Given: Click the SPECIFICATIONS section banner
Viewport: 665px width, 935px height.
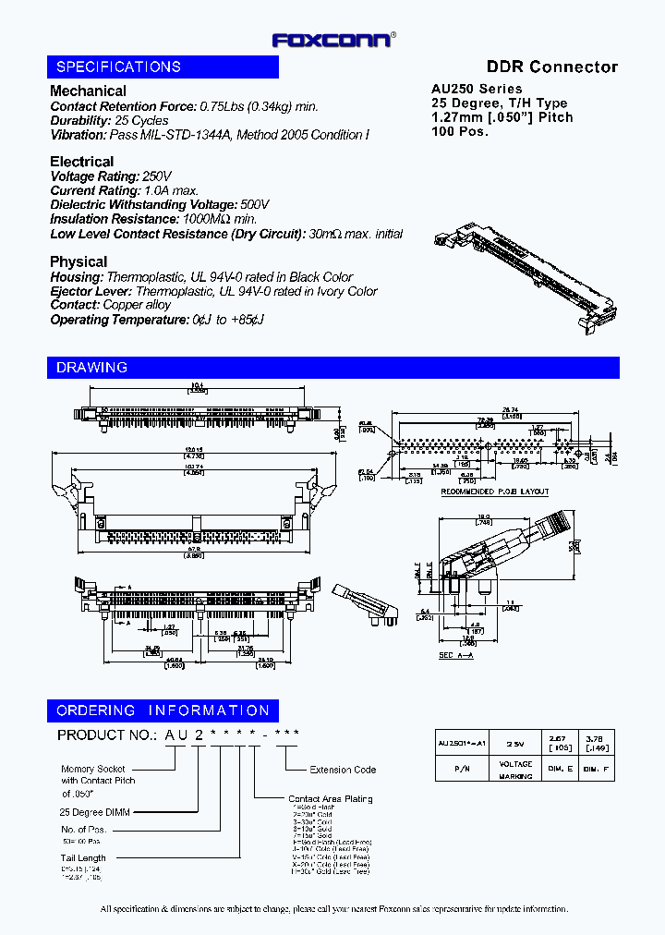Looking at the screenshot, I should coord(163,67).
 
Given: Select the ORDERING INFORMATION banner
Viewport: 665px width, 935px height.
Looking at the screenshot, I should coord(163,710).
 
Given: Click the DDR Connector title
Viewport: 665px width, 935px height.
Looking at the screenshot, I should coord(551,67).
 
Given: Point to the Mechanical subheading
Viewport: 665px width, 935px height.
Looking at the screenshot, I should coord(88,91).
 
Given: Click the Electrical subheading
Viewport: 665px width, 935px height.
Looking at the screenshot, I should coord(81,162).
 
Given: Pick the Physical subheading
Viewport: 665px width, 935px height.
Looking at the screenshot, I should coord(79,261).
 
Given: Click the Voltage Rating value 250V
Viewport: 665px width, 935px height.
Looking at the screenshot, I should coord(157,176).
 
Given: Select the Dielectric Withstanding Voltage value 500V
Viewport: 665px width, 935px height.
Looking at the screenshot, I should coord(254,204).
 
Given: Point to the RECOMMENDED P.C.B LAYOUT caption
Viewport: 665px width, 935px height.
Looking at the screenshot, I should coord(494,492).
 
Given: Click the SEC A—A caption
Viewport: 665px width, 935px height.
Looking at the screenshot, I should coord(455,655).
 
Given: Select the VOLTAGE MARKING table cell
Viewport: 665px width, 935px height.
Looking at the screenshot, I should coord(515,769).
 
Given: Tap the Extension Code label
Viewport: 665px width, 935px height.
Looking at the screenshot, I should coord(343,770).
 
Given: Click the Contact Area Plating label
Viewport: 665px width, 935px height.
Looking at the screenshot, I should coord(330,799).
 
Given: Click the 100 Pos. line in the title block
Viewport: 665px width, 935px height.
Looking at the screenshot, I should coord(460,131).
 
